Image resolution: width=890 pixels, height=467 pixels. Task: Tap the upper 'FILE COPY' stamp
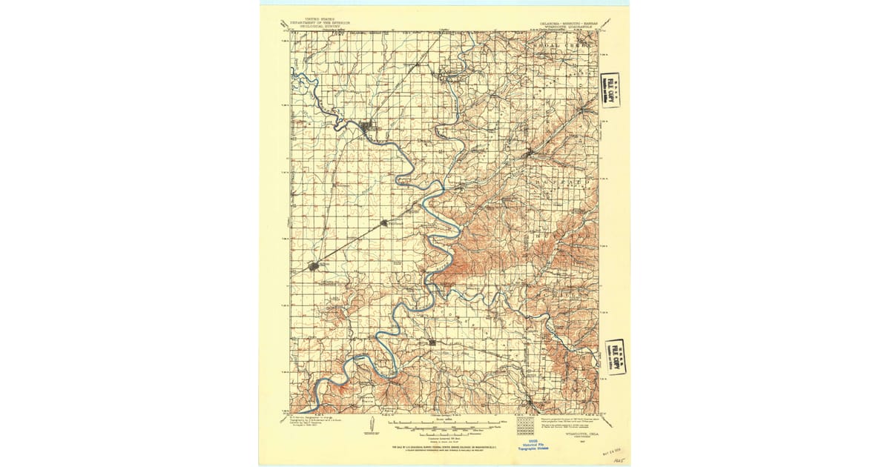pyautogui.click(x=611, y=90)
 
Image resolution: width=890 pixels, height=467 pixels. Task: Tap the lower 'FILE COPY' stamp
pyautogui.click(x=614, y=357)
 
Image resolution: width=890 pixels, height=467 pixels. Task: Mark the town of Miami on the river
pyautogui.click(x=367, y=127)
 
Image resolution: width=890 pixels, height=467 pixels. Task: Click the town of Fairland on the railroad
pyautogui.click(x=384, y=222)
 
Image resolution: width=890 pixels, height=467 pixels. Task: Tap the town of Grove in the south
pyautogui.click(x=432, y=342)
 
